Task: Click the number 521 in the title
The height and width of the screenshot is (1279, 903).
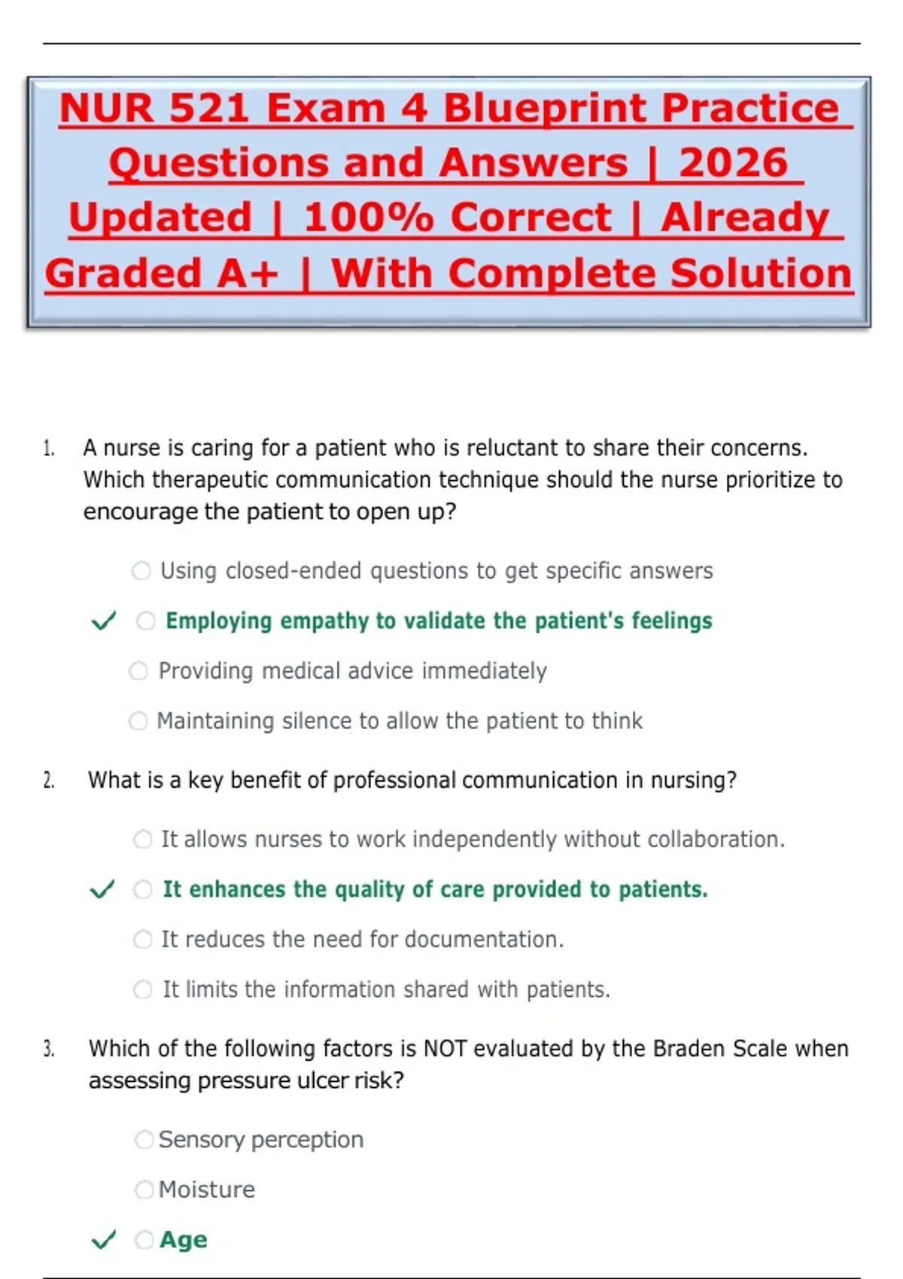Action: pyautogui.click(x=209, y=108)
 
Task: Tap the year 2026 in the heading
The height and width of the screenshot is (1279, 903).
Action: pyautogui.click(x=734, y=163)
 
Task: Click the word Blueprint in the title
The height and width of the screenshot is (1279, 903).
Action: pyautogui.click(x=546, y=108)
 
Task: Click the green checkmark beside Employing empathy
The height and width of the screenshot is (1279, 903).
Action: pyautogui.click(x=104, y=620)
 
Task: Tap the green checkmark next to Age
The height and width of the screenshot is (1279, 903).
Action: pyautogui.click(x=104, y=1239)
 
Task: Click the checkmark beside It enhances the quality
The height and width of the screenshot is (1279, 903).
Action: pyautogui.click(x=103, y=889)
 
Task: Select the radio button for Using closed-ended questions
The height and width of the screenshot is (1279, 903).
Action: pyautogui.click(x=141, y=570)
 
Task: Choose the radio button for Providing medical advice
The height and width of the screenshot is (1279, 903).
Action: pyautogui.click(x=138, y=671)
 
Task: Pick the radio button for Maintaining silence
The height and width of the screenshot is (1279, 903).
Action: pyautogui.click(x=138, y=721)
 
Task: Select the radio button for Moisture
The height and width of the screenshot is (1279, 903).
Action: pyautogui.click(x=144, y=1189)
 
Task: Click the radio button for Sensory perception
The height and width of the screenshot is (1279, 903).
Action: pyautogui.click(x=144, y=1140)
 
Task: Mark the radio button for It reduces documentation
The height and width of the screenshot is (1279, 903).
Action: pyautogui.click(x=143, y=939)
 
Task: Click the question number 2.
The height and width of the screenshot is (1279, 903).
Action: pyautogui.click(x=49, y=780)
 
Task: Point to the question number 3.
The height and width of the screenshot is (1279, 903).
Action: pyautogui.click(x=49, y=1049)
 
